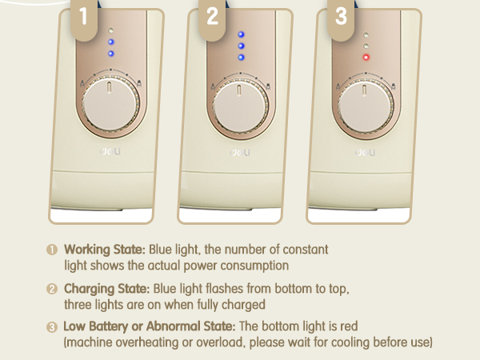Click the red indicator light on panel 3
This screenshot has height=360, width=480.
[366, 58]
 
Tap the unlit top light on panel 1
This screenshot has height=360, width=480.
[111, 30]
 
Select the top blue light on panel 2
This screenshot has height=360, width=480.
[242, 34]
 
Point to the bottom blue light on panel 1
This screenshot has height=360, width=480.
[111, 54]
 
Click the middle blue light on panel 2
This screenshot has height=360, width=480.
[242, 46]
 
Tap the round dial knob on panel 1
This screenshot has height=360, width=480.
[110, 104]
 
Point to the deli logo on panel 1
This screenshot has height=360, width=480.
[110, 151]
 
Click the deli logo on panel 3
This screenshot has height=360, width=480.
[366, 152]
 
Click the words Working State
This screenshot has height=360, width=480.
[105, 250]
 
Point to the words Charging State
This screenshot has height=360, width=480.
[107, 289]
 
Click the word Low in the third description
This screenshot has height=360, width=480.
[74, 326]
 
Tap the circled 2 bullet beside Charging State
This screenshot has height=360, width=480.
[52, 289]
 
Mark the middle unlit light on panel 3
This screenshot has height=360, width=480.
[366, 46]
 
